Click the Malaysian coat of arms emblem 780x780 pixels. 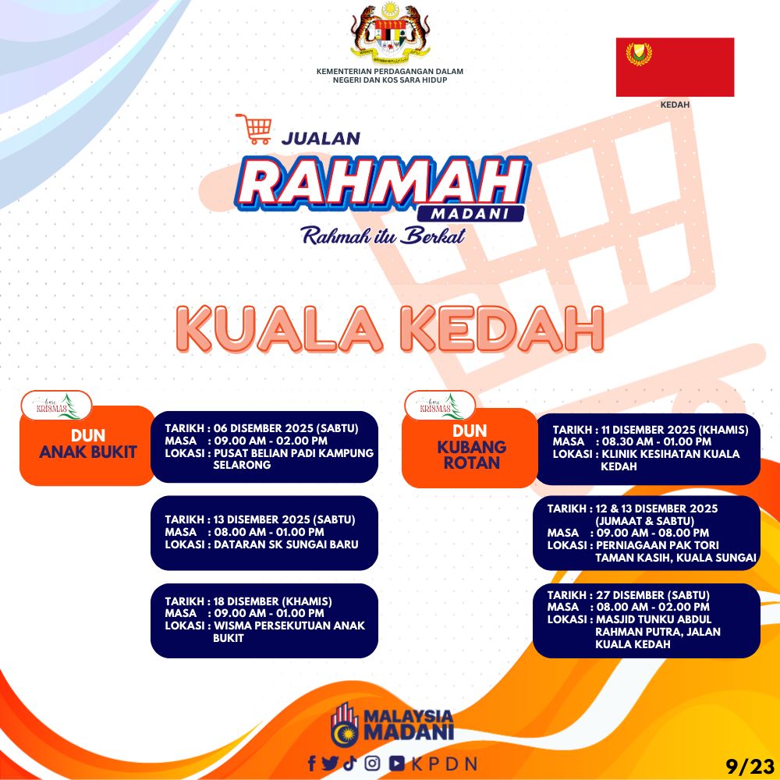[390, 32]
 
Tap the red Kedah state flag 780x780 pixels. [675, 67]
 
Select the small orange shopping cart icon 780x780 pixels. [254, 129]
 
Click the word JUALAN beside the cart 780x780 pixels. [321, 138]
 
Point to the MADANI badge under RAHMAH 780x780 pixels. [470, 214]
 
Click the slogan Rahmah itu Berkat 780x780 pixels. [384, 236]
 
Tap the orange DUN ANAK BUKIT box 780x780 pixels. [87, 445]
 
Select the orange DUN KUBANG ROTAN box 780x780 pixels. [470, 448]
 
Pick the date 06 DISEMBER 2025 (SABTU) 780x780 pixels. [286, 428]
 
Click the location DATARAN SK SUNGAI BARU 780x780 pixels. [286, 544]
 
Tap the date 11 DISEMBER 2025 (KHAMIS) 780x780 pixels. [675, 430]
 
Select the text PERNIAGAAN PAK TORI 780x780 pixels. [657, 545]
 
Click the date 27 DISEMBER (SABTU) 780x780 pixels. [653, 595]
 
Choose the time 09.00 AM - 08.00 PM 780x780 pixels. [653, 533]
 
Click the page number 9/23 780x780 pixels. [750, 767]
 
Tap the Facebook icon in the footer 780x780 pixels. [312, 764]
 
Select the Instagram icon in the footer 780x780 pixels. [373, 763]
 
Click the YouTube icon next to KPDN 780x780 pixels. [396, 763]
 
